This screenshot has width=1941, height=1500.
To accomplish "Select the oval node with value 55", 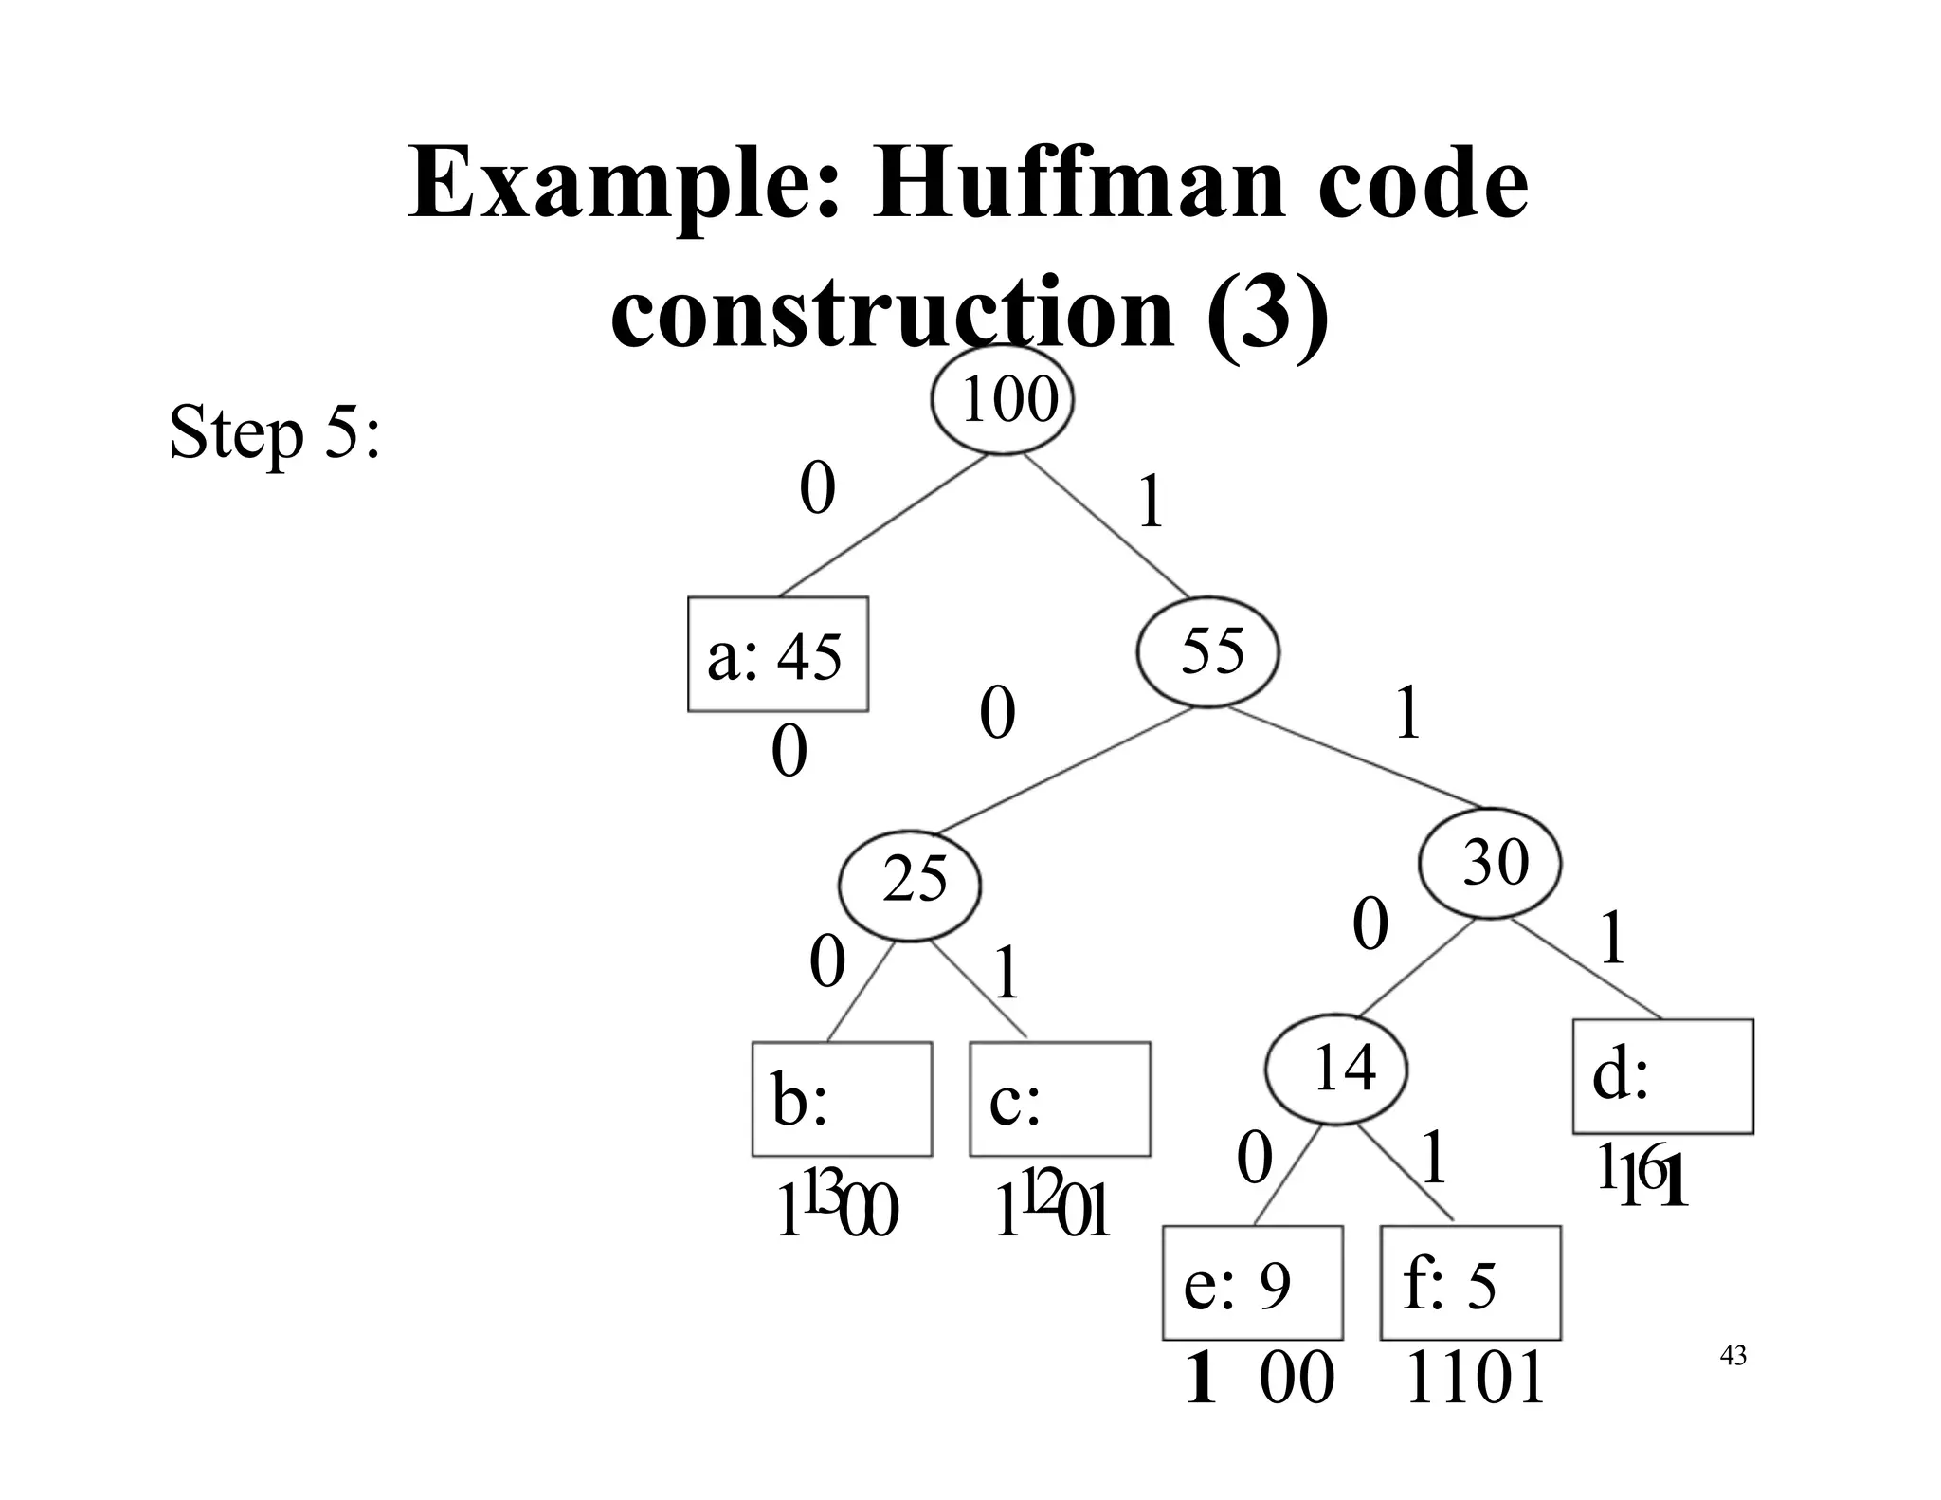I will point(1207,652).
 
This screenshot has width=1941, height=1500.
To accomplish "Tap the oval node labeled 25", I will point(910,884).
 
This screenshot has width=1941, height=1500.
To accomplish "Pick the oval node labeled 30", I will point(1489,863).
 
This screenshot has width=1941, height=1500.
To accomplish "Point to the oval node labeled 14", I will point(1335,1069).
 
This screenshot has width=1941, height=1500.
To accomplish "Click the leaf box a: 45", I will point(777,654).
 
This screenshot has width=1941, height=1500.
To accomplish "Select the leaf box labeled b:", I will point(842,1099).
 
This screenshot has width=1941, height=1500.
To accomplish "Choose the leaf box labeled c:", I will point(1060,1099).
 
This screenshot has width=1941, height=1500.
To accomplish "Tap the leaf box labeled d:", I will point(1662,1076).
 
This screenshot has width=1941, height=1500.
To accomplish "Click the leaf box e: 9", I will point(1252,1283).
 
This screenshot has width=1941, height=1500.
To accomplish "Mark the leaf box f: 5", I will point(1470,1283).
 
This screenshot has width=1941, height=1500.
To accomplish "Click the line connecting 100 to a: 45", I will point(881,526).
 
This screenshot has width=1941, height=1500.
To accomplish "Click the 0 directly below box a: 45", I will point(789,753).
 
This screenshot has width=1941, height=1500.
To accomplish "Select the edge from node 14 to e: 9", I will point(1288,1176).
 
